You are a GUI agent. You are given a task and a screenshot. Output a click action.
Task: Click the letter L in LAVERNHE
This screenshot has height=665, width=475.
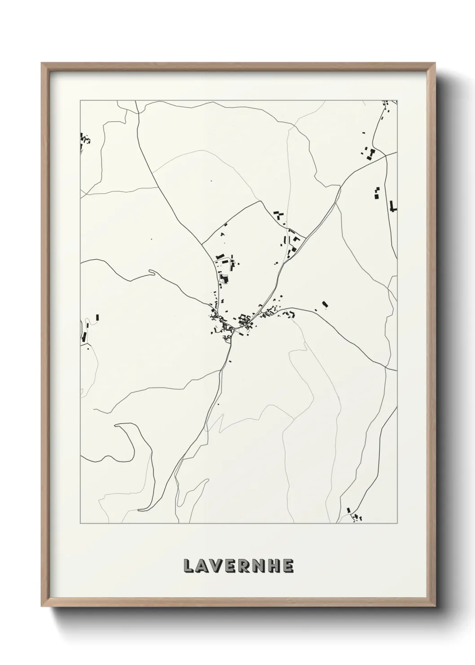[189, 566]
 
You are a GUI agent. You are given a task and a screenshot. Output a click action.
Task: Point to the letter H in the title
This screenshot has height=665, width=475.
[275, 566]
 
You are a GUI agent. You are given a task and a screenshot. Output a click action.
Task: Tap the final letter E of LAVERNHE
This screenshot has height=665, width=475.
[288, 566]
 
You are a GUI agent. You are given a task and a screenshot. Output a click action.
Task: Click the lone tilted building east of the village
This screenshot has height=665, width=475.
[325, 305]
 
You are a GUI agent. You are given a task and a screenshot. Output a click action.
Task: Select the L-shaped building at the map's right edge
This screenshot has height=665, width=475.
[394, 206]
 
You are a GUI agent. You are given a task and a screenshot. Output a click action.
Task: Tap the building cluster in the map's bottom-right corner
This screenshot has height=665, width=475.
[356, 516]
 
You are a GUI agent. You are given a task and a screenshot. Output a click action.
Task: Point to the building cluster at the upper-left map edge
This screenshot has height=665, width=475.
[84, 140]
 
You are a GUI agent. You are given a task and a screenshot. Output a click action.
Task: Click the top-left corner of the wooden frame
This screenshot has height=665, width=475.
[42, 63]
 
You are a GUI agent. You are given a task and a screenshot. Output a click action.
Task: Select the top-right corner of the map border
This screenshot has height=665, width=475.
[397, 100]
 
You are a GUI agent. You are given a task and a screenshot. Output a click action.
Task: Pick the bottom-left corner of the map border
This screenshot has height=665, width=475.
[80, 523]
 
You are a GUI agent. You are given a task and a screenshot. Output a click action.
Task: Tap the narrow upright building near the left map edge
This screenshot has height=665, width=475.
[97, 317]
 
